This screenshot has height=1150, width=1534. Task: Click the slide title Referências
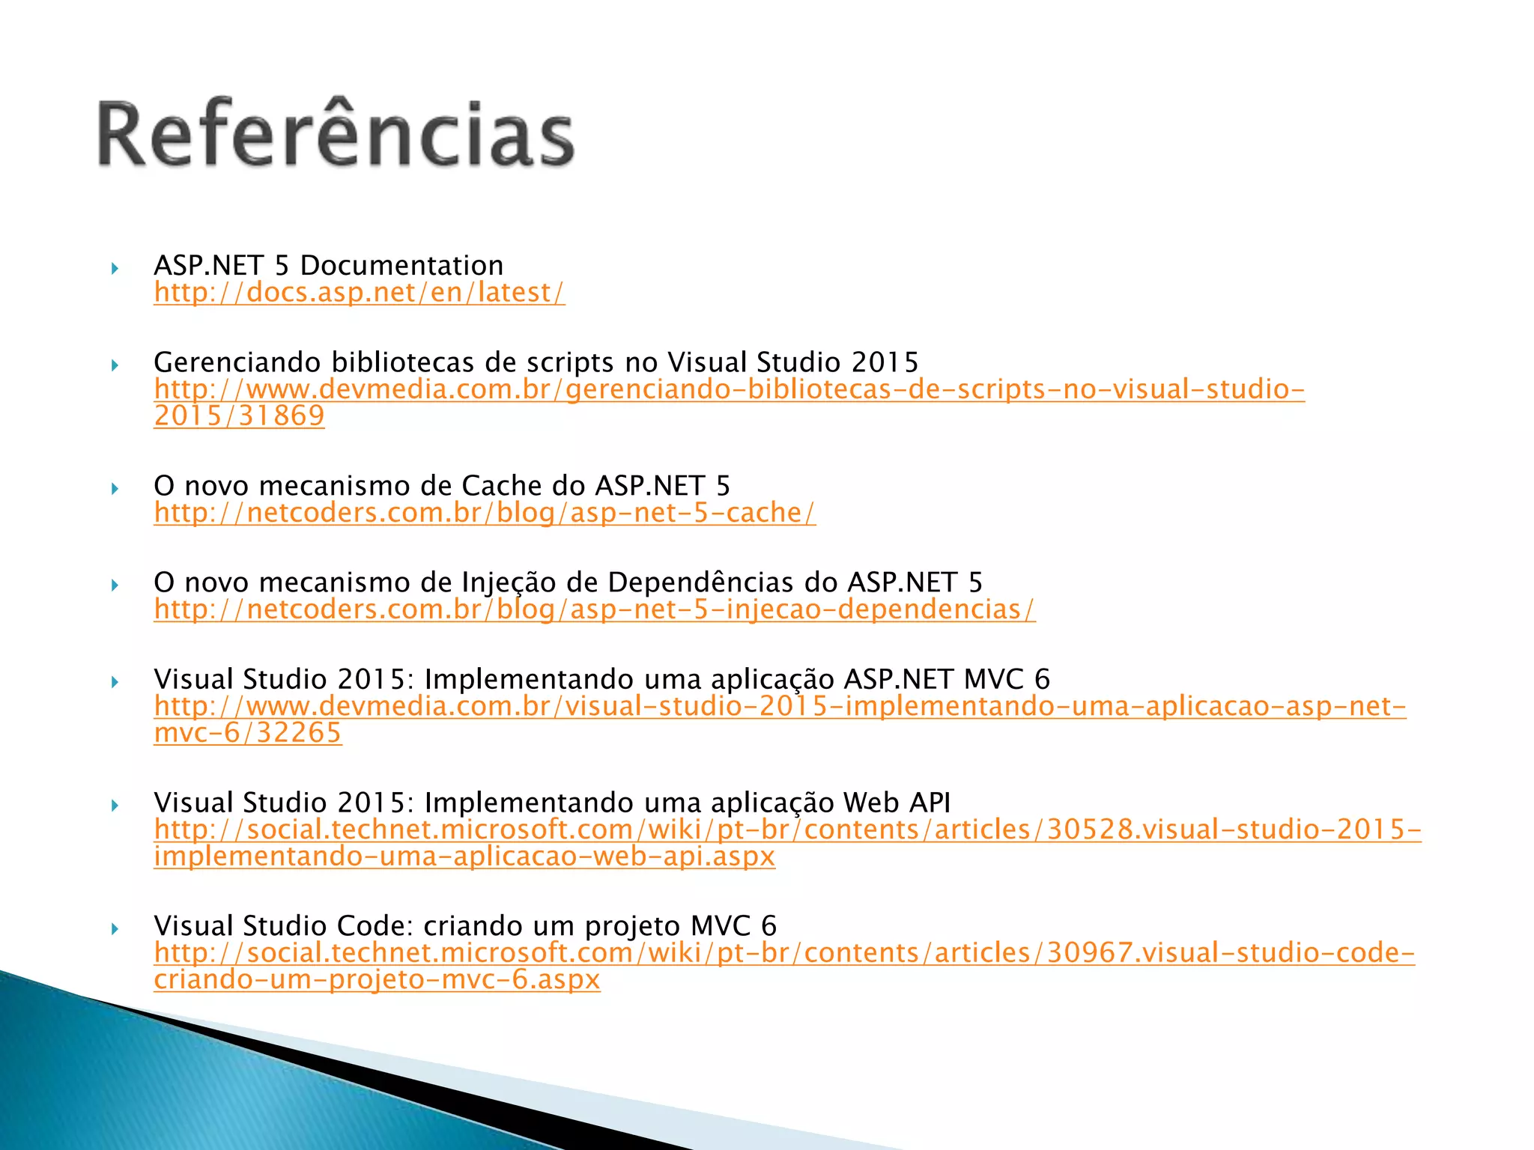[336, 135]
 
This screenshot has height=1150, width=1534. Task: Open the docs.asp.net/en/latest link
[360, 293]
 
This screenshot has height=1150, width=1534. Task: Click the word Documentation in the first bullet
[402, 266]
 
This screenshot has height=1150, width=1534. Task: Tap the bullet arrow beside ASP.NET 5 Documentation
[115, 268]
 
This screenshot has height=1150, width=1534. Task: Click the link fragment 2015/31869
[240, 416]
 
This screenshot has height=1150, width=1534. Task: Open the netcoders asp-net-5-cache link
[485, 513]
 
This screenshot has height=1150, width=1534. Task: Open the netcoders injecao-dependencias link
[595, 609]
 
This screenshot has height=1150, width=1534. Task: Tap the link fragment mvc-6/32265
[248, 733]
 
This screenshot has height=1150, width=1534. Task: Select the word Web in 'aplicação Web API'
[871, 803]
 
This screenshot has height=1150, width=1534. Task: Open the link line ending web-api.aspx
[464, 857]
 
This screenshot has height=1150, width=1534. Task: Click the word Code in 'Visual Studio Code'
[371, 926]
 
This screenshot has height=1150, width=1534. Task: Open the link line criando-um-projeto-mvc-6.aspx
[378, 980]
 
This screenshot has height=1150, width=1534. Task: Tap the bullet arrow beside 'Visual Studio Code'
[115, 929]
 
